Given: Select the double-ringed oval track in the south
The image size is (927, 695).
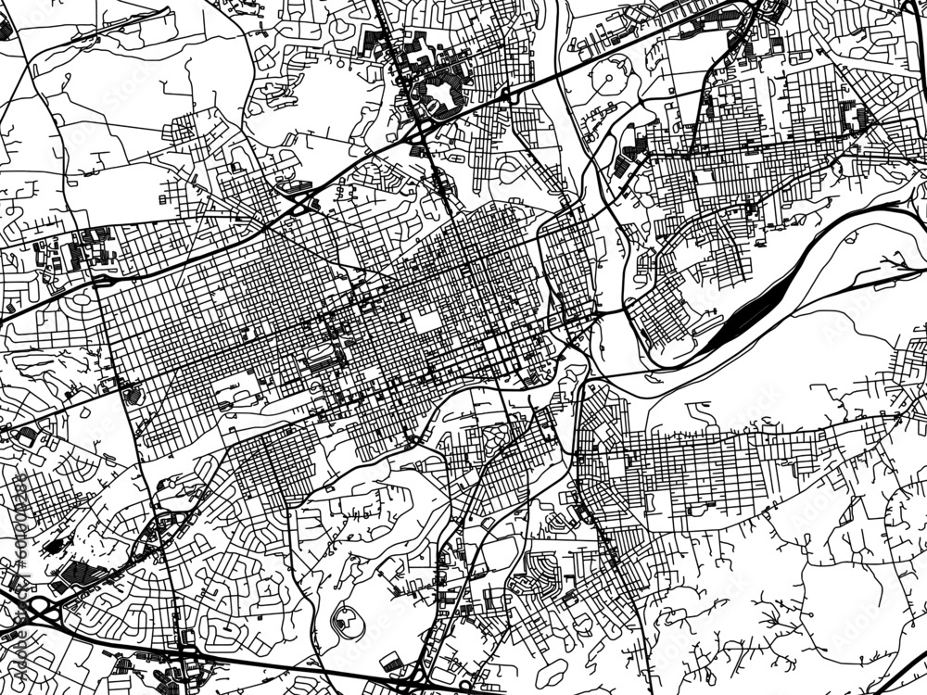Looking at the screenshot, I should (x=348, y=620).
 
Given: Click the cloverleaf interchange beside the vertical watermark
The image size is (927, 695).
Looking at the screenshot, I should (x=37, y=612).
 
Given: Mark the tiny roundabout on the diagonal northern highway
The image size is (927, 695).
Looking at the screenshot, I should (x=505, y=95).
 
